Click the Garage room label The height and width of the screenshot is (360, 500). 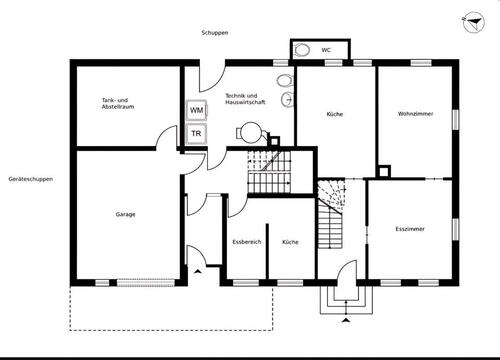[x=125, y=214]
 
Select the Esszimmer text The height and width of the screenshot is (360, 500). [x=410, y=229]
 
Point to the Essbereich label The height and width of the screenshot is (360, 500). [x=247, y=243]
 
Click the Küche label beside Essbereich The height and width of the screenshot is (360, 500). [x=290, y=243]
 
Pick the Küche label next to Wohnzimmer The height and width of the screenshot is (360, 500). [x=335, y=114]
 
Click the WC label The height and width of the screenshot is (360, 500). [x=326, y=49]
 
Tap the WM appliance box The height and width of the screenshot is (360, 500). [x=197, y=110]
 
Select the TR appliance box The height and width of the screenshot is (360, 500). [x=197, y=133]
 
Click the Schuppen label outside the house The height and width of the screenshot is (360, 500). [x=215, y=33]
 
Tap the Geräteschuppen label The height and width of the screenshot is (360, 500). [x=30, y=179]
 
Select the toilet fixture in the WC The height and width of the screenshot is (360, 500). [x=301, y=49]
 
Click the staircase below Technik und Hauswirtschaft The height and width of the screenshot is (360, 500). [x=268, y=170]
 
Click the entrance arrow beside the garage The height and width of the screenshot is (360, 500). [x=198, y=270]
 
